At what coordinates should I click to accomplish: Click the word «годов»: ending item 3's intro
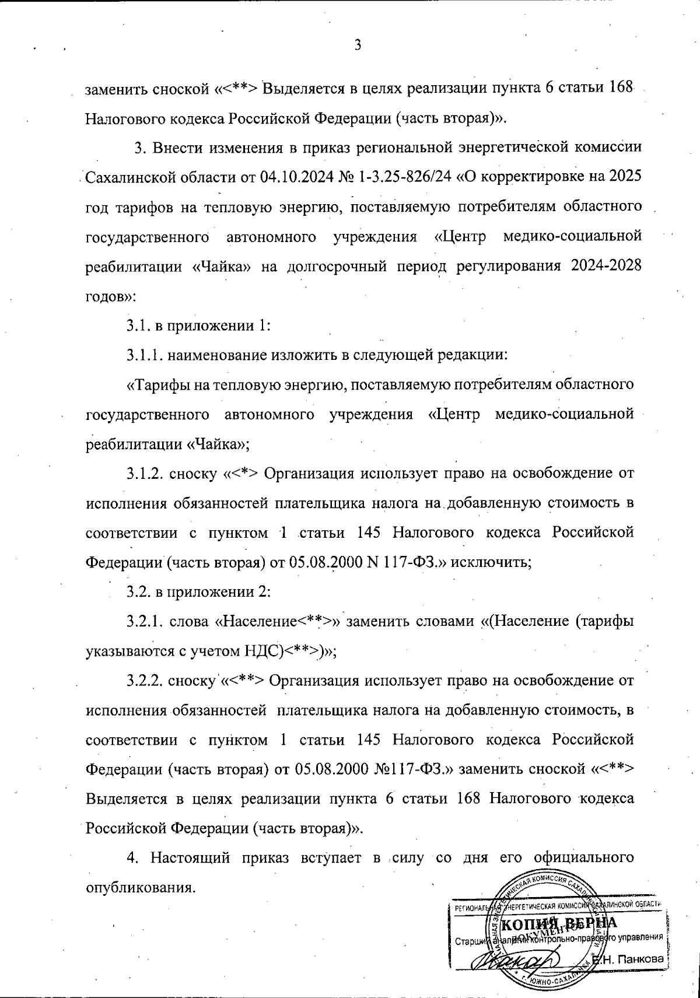coord(110,295)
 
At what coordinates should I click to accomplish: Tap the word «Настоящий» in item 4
coord(188,859)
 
